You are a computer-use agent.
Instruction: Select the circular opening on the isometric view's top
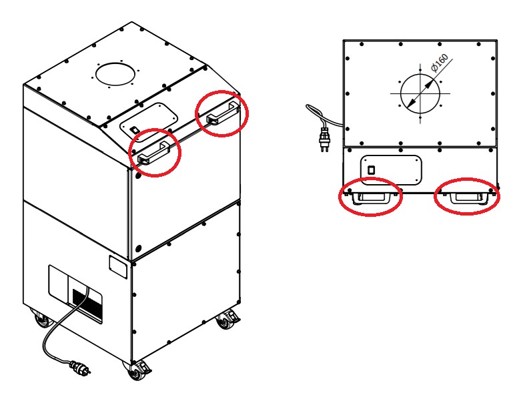click(x=115, y=73)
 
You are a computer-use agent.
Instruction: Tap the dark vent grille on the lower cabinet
click(x=87, y=301)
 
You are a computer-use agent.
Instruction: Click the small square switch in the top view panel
click(x=372, y=170)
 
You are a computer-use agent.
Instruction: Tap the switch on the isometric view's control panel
click(x=133, y=129)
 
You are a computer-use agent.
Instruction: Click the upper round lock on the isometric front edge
click(x=137, y=177)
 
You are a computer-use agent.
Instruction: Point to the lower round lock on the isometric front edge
click(x=137, y=248)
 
